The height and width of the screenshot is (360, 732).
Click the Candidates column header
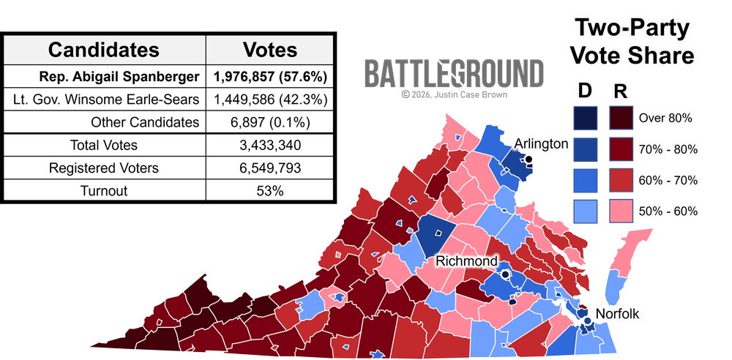pyautogui.click(x=103, y=50)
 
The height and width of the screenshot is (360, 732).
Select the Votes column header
pyautogui.click(x=270, y=50)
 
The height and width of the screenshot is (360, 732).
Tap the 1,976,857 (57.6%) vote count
pyautogui.click(x=270, y=76)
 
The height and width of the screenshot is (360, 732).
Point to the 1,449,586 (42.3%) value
pyautogui.click(x=270, y=99)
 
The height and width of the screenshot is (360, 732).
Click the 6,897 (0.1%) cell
pyautogui.click(x=270, y=122)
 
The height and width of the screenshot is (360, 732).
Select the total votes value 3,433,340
pyautogui.click(x=270, y=145)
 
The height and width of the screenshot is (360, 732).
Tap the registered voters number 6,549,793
pyautogui.click(x=270, y=168)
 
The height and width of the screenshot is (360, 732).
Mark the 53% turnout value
pyautogui.click(x=270, y=190)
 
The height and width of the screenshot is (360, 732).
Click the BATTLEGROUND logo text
pyautogui.click(x=454, y=74)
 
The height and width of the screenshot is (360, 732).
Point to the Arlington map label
pyautogui.click(x=540, y=143)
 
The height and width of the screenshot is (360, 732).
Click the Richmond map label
pyautogui.click(x=466, y=261)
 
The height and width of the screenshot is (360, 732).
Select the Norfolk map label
pyautogui.click(x=619, y=314)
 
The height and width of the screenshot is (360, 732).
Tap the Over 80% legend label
pyautogui.click(x=665, y=117)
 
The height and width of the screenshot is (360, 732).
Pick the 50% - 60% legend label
pyautogui.click(x=668, y=211)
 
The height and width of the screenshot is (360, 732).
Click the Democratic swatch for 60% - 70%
pyautogui.click(x=586, y=180)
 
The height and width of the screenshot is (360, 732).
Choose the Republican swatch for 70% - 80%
pyautogui.click(x=621, y=149)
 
